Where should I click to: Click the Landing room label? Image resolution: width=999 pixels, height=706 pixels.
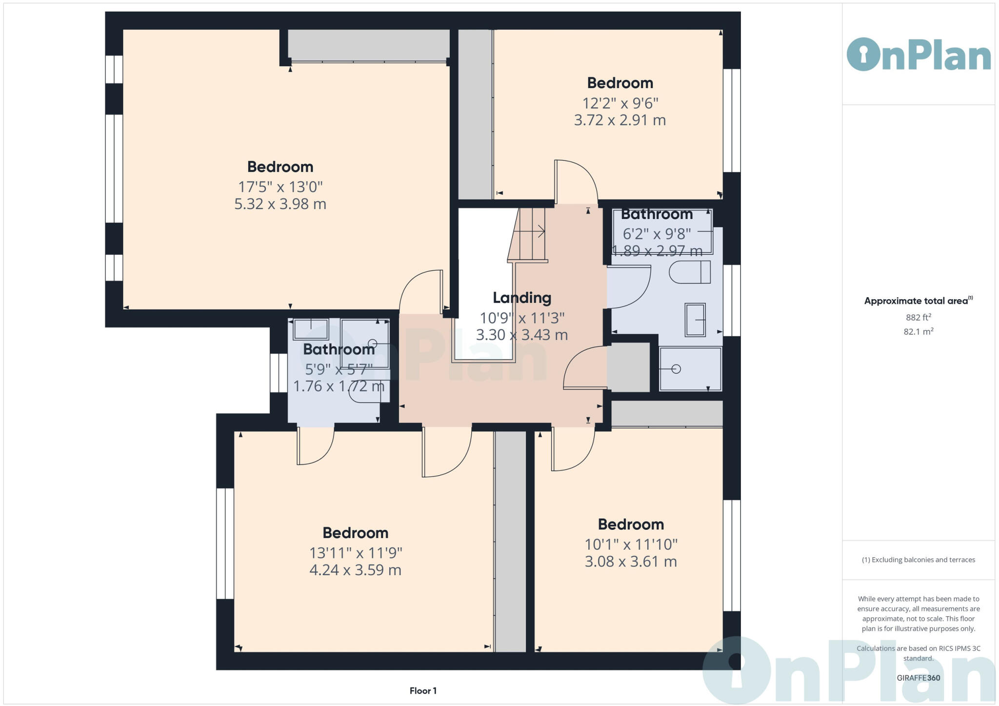[x=521, y=298]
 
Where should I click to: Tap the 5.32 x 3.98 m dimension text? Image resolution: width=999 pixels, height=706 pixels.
[x=280, y=204]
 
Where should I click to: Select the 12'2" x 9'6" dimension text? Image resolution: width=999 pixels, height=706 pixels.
[x=620, y=103]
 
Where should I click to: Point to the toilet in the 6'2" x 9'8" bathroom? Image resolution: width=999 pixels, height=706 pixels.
[x=690, y=272]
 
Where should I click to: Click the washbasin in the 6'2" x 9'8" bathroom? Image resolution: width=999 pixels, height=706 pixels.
[x=695, y=320]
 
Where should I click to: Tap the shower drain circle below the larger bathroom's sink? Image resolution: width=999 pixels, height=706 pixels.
[x=676, y=369]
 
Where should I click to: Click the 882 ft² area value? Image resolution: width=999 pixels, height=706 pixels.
[x=919, y=318]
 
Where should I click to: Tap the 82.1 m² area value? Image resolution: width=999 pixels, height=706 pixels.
[x=919, y=332]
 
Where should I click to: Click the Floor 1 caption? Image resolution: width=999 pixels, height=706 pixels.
[x=423, y=691]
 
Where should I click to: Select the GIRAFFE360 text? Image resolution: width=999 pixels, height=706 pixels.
[x=919, y=678]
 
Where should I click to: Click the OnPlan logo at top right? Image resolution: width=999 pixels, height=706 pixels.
[x=919, y=55]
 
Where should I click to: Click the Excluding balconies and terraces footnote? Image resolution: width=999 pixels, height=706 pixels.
[x=919, y=560]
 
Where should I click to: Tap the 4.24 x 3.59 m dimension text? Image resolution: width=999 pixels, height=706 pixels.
[x=355, y=570]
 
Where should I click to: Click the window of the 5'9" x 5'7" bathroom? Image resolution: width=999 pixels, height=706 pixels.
[x=279, y=373]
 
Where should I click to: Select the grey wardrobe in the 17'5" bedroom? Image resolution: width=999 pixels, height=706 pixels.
[x=368, y=45]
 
